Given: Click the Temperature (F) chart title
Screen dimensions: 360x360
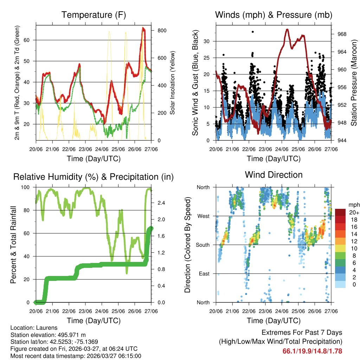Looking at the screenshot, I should (94, 15).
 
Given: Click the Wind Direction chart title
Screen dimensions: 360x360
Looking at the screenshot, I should (274, 174).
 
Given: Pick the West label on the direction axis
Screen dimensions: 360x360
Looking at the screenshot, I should (203, 216).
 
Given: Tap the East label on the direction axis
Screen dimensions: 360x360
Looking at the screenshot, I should (204, 274).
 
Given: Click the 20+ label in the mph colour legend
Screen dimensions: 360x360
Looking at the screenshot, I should (354, 212).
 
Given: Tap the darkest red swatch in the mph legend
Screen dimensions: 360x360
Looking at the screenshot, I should (341, 212).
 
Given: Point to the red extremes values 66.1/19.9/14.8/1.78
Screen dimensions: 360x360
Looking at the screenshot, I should (312, 351).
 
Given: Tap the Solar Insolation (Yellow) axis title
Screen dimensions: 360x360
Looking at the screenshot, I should (173, 83).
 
